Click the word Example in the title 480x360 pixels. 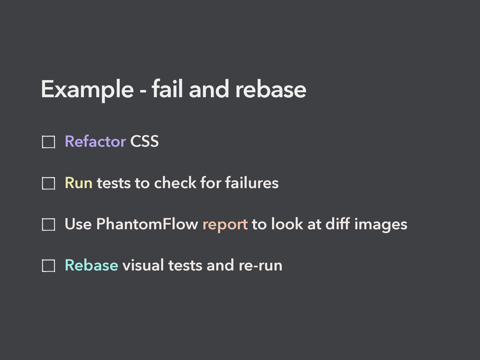87,90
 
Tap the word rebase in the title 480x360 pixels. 270,90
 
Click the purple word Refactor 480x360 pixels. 95,141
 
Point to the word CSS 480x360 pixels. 144,141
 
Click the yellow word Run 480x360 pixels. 78,183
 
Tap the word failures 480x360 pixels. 251,183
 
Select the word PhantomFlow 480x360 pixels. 147,225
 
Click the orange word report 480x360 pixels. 225,225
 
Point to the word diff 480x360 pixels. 337,225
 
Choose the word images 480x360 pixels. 381,225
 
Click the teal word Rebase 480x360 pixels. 91,265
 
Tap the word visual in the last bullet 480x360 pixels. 142,265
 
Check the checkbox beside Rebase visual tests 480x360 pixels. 48,267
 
